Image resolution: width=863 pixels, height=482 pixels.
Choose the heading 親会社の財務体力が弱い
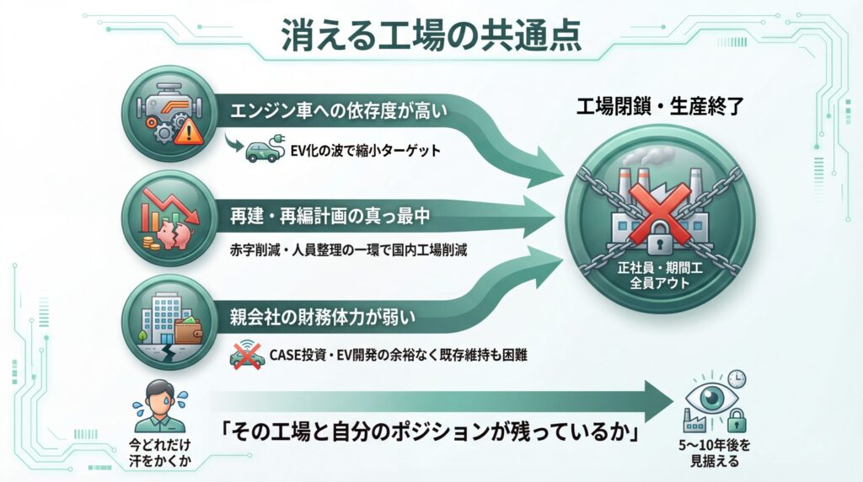[x=320, y=319]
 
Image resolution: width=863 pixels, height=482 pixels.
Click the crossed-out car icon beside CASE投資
[x=245, y=355]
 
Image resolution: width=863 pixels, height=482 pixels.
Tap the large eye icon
[x=703, y=396]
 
